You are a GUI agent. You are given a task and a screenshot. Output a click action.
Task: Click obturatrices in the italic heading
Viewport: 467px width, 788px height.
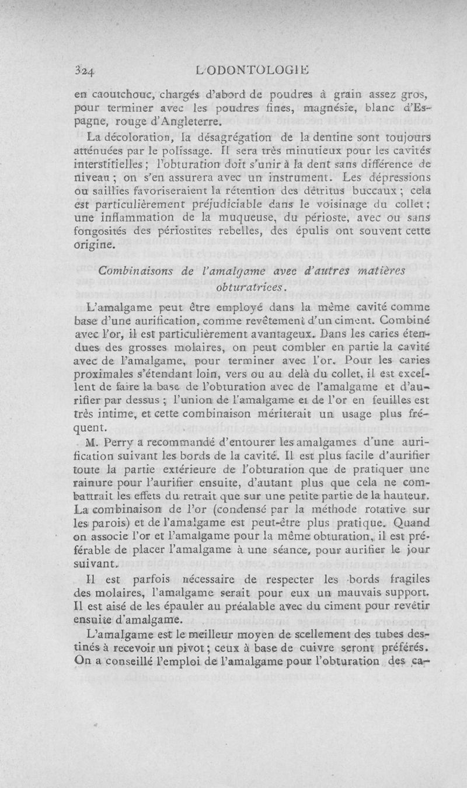click(x=251, y=287)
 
